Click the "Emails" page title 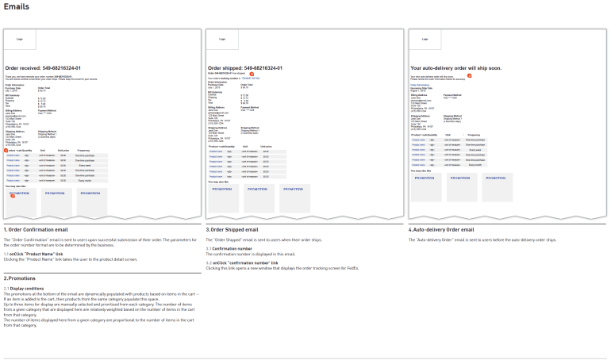[x=17, y=6]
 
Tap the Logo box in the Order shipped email [x=222, y=39]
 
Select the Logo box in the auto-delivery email [x=425, y=39]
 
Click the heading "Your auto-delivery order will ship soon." [x=455, y=69]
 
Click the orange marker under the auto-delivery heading [x=468, y=77]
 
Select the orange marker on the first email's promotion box [x=13, y=196]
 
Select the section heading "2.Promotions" [x=20, y=278]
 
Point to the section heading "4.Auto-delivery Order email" [x=441, y=229]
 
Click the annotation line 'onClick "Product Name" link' [x=37, y=255]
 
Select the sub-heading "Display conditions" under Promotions [x=31, y=289]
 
